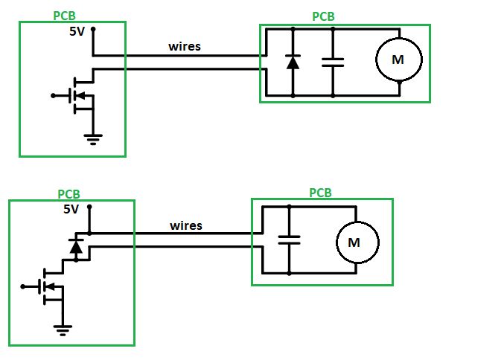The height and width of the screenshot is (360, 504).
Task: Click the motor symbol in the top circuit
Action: click(398, 60)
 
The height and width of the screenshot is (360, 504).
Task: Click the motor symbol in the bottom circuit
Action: click(354, 242)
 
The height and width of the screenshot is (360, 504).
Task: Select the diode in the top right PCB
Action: click(293, 62)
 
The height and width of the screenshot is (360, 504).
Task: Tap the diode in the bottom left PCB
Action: click(75, 245)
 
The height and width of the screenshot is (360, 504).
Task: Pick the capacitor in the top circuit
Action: click(333, 62)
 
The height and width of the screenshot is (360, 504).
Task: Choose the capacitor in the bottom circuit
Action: click(288, 240)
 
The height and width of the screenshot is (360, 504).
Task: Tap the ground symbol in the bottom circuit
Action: click(63, 327)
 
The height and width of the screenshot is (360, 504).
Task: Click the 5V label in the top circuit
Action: click(78, 32)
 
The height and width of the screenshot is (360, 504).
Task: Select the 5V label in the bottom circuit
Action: click(71, 210)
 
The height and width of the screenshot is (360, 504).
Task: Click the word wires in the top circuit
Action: click(185, 47)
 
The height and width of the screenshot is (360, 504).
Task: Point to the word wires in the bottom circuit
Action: click(186, 225)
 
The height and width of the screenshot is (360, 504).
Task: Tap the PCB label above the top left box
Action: click(65, 16)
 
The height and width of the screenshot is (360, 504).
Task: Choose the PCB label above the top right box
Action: click(323, 16)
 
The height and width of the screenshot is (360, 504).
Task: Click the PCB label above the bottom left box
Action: click(68, 193)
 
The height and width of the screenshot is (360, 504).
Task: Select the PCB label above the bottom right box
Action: click(320, 193)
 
